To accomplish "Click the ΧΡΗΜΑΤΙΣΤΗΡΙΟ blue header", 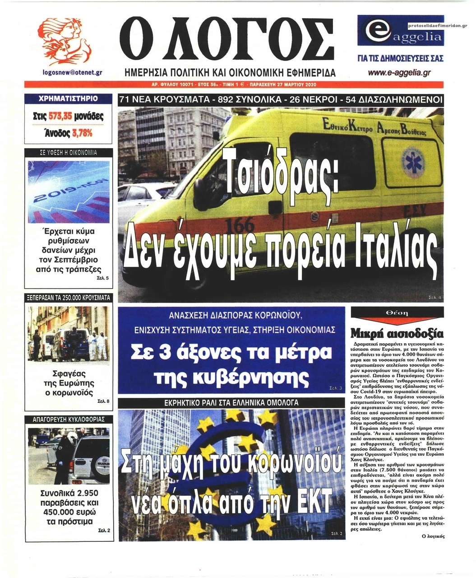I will pyautogui.click(x=68, y=98).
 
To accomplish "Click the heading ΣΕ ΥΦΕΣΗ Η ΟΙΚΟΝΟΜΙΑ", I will pyautogui.click(x=68, y=153).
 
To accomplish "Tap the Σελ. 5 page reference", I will pyautogui.click(x=102, y=278).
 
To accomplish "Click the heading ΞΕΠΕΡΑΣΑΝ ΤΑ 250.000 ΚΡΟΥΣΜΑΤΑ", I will pyautogui.click(x=68, y=298).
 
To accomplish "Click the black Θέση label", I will pyautogui.click(x=397, y=313).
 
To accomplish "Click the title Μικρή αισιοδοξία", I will pyautogui.click(x=397, y=334).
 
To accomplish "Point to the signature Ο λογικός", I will pyautogui.click(x=433, y=536).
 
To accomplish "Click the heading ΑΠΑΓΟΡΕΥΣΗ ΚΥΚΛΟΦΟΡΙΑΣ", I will pyautogui.click(x=68, y=420).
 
